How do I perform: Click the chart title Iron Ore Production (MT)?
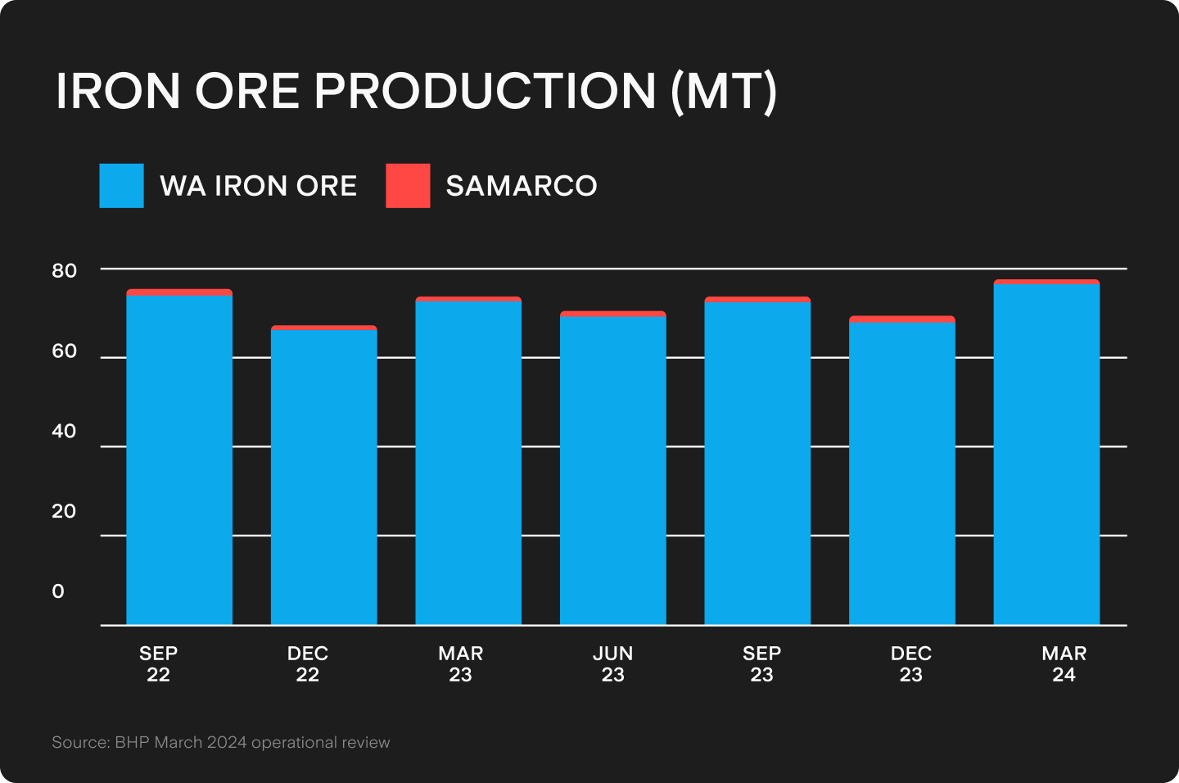pos(416,91)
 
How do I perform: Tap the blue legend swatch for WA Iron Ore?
pos(121,186)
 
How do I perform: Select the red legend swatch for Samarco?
pos(408,186)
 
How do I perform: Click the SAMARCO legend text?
pos(521,186)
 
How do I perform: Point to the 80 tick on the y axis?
pos(64,271)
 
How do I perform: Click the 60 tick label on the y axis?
pos(64,351)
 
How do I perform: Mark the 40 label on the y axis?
pos(64,432)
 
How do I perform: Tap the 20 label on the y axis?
pos(64,511)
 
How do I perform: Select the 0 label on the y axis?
pos(58,591)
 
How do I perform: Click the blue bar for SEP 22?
pos(179,459)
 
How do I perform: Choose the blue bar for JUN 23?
pos(613,470)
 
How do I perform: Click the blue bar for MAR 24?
pos(1046,455)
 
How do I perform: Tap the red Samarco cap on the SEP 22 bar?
pos(179,292)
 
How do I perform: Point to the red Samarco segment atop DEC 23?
pos(902,319)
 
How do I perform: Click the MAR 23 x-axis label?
pos(461,664)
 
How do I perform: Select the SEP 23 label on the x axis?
pos(761,664)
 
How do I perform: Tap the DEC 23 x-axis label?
pos(910,664)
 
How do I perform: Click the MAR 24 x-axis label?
pos(1064,664)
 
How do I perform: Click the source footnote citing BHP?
pos(221,743)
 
